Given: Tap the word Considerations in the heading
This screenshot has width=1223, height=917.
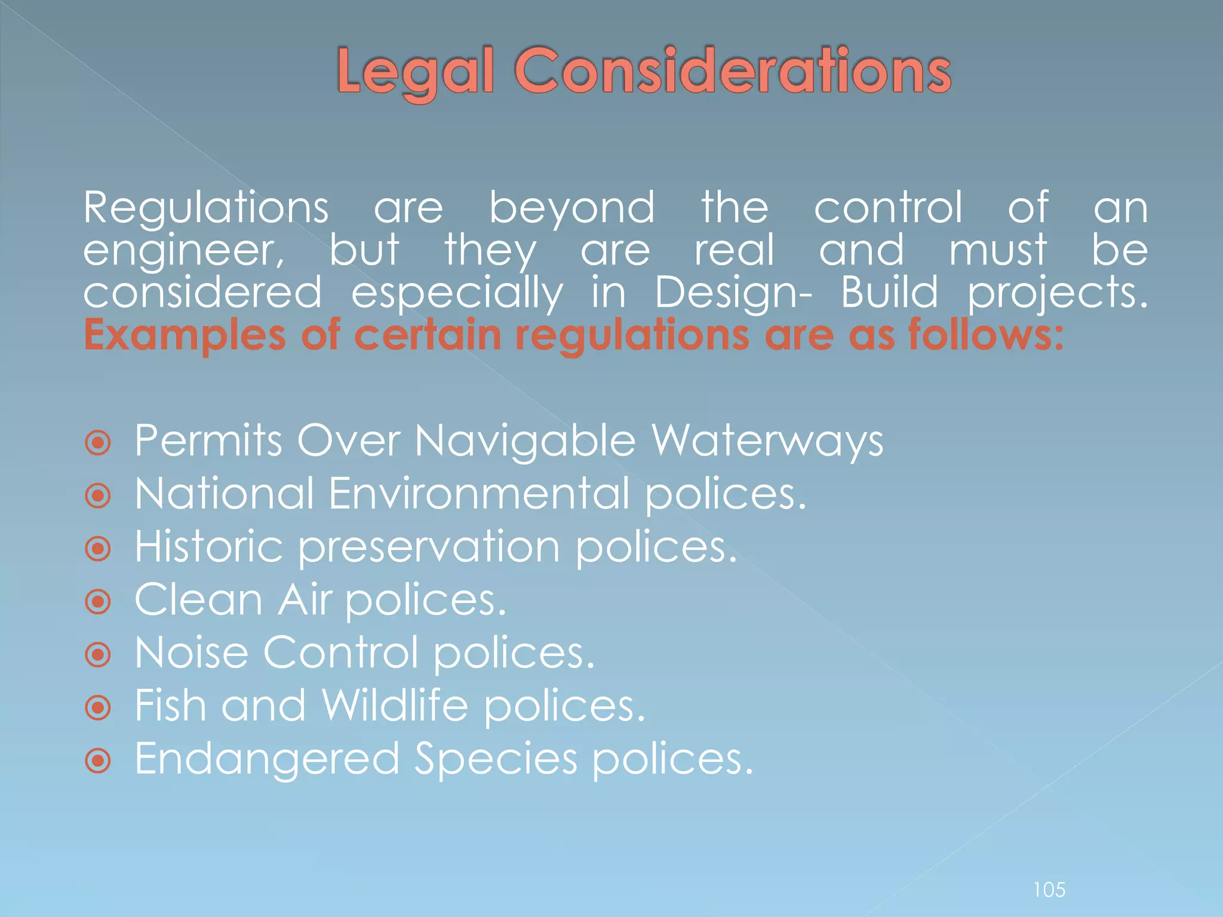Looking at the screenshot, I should click(732, 71).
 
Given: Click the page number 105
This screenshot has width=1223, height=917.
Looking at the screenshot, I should click(1049, 890).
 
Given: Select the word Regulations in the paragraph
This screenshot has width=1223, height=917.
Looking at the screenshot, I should click(205, 208).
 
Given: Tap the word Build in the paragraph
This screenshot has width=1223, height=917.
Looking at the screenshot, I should click(889, 293).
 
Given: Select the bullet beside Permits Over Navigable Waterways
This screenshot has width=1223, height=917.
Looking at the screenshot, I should click(98, 444).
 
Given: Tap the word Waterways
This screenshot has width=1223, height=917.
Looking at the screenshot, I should click(767, 442).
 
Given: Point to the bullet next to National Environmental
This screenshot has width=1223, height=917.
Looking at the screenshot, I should click(98, 496).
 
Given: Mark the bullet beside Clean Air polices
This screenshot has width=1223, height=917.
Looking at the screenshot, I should click(98, 602).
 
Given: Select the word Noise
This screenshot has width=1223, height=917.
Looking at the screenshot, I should click(191, 653).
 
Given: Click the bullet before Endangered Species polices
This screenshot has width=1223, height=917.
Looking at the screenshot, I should click(98, 761).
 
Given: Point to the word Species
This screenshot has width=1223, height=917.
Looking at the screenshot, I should click(496, 759).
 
